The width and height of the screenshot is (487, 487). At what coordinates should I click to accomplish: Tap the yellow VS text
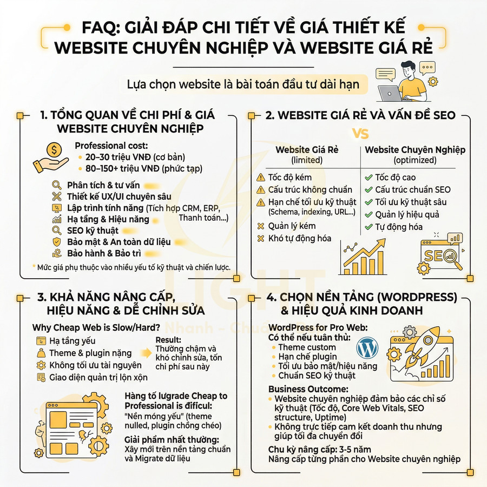pyautogui.click(x=360, y=133)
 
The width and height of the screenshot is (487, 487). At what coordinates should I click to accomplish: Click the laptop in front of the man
pyautogui.click(x=391, y=94)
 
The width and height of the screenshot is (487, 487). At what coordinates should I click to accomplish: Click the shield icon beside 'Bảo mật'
pyautogui.click(x=57, y=241)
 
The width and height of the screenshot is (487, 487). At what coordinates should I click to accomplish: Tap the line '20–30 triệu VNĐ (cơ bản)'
pyautogui.click(x=135, y=157)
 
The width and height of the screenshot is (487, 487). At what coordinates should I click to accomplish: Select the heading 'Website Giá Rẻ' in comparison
pyautogui.click(x=307, y=150)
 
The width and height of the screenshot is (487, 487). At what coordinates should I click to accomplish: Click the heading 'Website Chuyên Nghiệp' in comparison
pyautogui.click(x=415, y=150)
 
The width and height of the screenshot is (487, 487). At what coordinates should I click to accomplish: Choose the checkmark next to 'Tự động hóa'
pyautogui.click(x=368, y=227)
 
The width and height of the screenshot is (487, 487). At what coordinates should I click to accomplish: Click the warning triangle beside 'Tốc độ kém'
pyautogui.click(x=261, y=177)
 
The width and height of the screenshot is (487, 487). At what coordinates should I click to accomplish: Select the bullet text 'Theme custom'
pyautogui.click(x=307, y=347)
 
